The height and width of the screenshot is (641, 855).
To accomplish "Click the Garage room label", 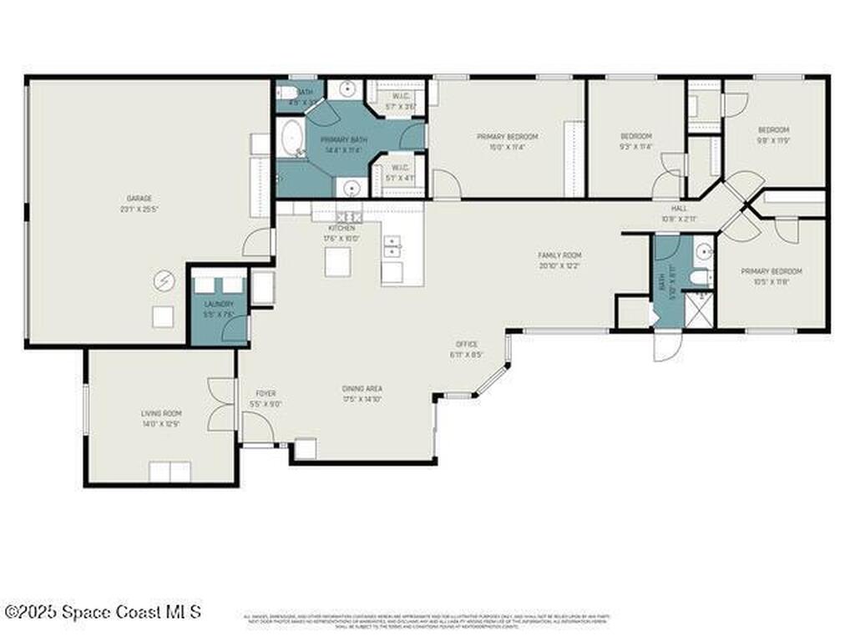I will [x=139, y=199].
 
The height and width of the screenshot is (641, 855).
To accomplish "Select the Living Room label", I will [x=161, y=413].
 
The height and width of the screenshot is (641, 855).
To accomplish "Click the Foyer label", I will [x=266, y=393].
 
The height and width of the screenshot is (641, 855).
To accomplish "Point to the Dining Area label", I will [x=362, y=388].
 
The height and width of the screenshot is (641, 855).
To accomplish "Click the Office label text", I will [x=466, y=344].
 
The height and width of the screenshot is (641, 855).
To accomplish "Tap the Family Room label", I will [x=559, y=255].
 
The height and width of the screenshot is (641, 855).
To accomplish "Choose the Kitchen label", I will [x=341, y=228].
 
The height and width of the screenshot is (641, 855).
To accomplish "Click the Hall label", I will [x=679, y=209].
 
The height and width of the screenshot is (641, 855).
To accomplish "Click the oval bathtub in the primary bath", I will [x=291, y=138].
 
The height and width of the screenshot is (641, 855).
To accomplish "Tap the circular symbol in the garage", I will [x=164, y=281].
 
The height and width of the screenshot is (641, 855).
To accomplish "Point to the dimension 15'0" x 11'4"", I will [x=507, y=147].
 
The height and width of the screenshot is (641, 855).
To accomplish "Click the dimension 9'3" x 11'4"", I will [x=635, y=147].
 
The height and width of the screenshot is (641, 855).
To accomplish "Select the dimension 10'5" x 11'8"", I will [x=772, y=282].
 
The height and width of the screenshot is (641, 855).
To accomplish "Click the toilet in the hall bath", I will [x=700, y=277].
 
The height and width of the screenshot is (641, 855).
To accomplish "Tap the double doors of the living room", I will [x=222, y=405].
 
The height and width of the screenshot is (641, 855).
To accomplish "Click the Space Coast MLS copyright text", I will [x=102, y=612].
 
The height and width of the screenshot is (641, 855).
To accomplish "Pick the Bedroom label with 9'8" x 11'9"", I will [x=773, y=129].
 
